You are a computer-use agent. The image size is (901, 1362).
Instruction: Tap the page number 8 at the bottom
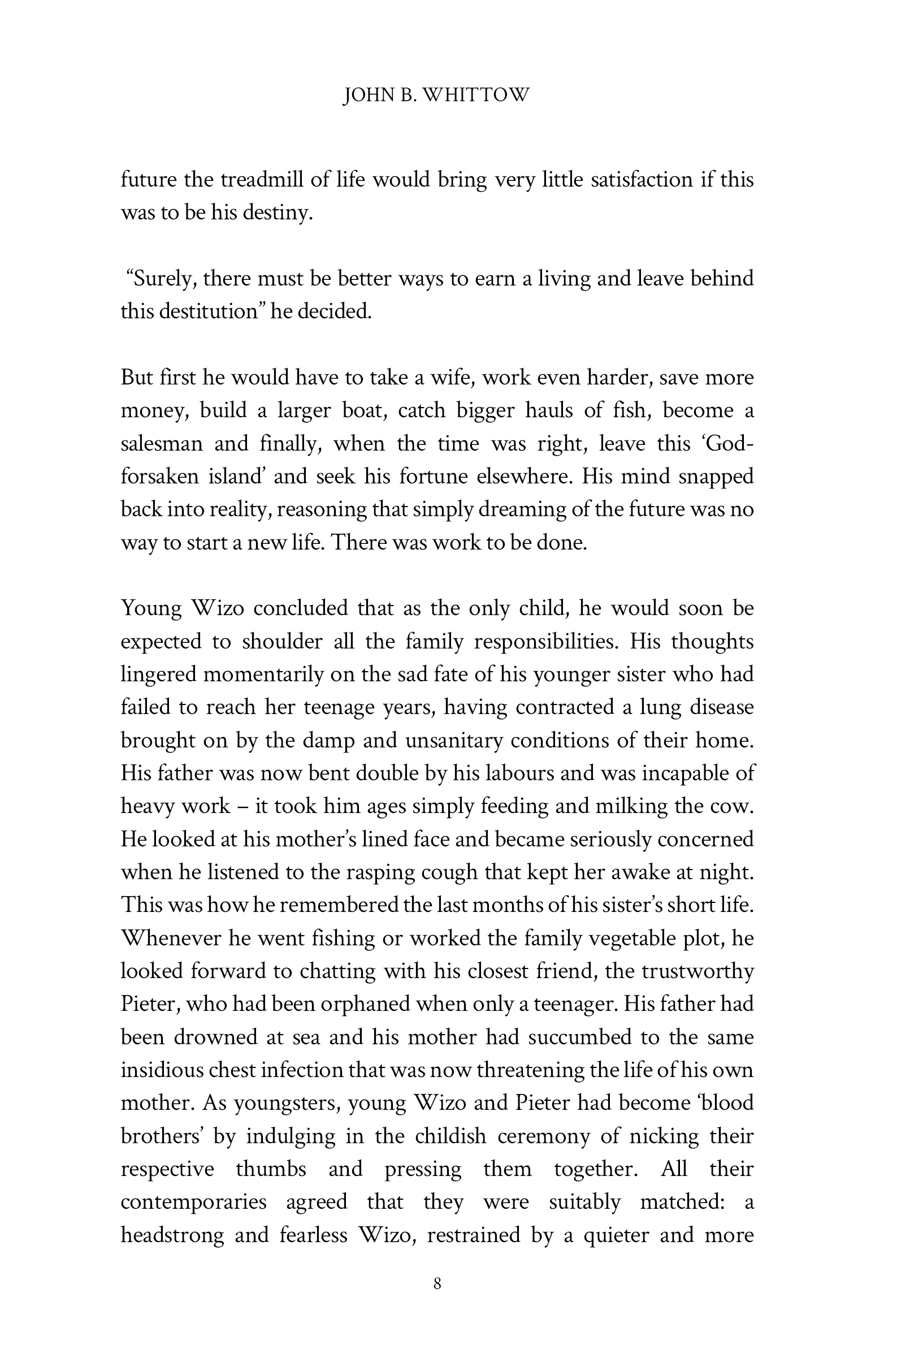(x=437, y=1283)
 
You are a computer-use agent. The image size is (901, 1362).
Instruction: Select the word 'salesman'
(x=162, y=444)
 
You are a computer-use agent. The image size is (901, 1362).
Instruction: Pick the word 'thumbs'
(x=271, y=1169)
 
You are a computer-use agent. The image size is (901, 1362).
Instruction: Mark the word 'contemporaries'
(x=194, y=1202)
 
